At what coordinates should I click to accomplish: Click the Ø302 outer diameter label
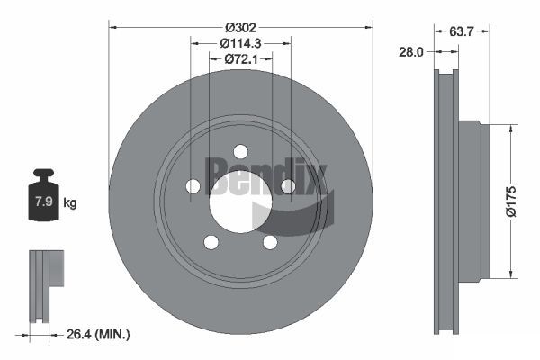coord(240,27)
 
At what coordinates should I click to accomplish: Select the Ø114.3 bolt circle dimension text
coord(240,43)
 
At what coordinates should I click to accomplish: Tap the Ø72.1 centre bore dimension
coord(241,59)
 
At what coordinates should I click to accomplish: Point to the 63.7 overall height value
coord(462,31)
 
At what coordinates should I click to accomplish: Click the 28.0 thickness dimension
coord(411,52)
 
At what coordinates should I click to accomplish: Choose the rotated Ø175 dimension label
coord(511,202)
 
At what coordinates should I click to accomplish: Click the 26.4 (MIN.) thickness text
coord(98,334)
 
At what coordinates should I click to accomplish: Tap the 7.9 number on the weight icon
coord(44,202)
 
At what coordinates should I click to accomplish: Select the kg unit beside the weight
coord(70,202)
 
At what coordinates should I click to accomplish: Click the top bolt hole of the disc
coord(240,151)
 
